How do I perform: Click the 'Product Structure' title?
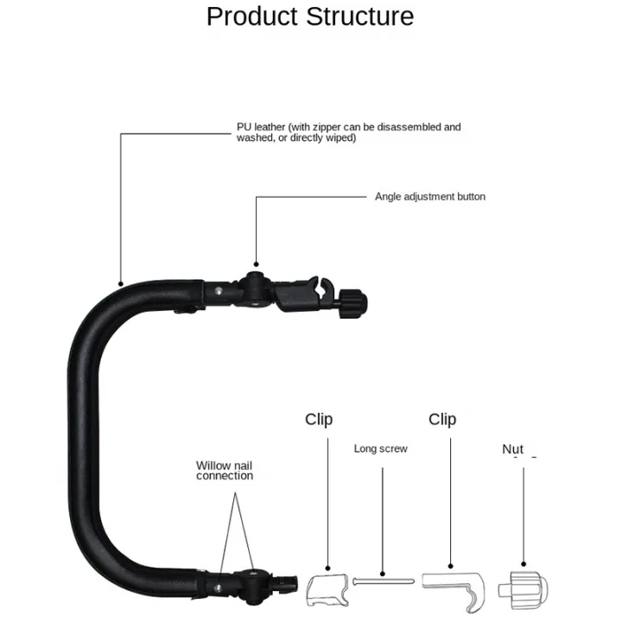310,16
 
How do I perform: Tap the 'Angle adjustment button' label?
430,197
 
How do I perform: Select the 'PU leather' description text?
349,132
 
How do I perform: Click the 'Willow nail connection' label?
224,471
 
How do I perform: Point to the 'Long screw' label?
380,448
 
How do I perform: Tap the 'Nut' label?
512,449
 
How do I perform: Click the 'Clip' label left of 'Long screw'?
319,420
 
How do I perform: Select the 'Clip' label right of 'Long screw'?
442,420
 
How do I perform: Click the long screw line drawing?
384,581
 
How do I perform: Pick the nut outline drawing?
524,590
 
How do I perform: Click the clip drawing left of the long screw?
327,590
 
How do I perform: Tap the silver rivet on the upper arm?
219,292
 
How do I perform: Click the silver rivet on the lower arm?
218,588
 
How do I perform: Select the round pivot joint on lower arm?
252,587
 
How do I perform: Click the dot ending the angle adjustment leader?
257,264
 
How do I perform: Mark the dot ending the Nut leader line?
524,563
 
